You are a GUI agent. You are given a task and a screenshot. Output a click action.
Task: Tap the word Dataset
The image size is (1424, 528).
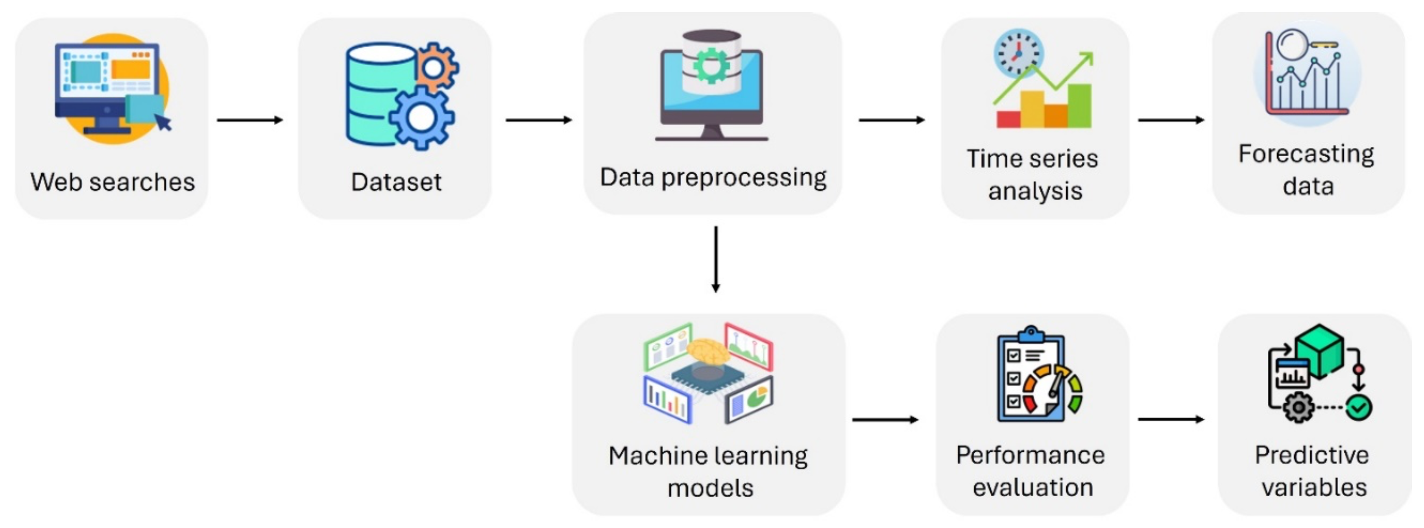[396, 182]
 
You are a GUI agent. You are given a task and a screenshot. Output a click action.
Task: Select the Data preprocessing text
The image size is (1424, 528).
[713, 177]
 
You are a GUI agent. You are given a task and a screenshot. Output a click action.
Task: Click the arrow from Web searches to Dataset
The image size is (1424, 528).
[249, 120]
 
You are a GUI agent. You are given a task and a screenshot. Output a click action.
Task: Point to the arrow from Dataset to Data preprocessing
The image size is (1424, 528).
[538, 120]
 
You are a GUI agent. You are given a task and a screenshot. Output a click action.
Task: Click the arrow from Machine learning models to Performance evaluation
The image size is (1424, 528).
[885, 420]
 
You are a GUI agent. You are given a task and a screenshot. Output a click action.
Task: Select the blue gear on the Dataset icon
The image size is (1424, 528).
[421, 117]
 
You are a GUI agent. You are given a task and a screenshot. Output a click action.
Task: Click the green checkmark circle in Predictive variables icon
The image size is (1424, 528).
[1358, 408]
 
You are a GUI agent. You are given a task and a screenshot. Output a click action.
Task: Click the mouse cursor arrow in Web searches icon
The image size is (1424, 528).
[163, 122]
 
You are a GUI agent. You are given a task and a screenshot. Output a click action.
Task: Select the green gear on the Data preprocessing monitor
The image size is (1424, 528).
[711, 65]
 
